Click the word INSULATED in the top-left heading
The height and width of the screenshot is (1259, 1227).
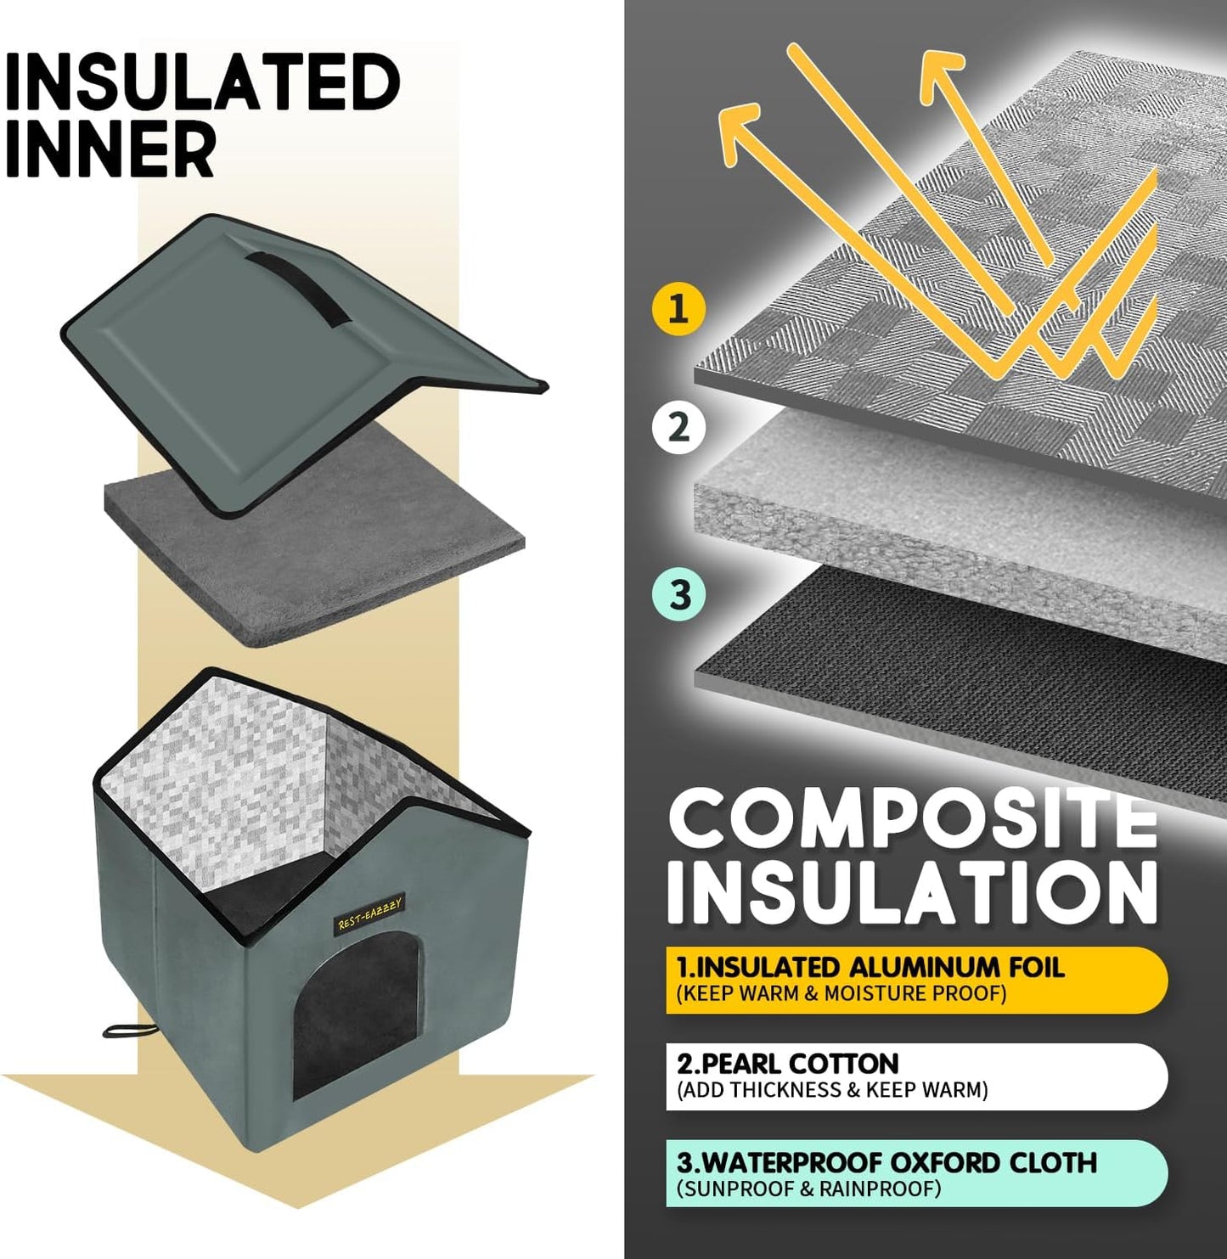(x=202, y=82)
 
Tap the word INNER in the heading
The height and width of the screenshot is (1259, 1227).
(x=110, y=149)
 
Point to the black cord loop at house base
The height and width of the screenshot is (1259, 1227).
(x=127, y=1031)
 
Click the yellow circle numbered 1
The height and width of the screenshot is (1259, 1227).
(x=678, y=308)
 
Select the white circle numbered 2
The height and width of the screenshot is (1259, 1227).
(x=678, y=427)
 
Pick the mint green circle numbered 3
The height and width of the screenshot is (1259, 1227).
(x=679, y=594)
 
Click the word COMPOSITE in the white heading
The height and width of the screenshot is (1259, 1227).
(x=913, y=819)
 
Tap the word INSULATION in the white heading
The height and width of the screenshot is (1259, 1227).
(x=913, y=893)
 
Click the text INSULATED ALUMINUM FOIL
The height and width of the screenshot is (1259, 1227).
(x=870, y=967)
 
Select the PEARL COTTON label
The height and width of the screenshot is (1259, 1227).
(x=788, y=1064)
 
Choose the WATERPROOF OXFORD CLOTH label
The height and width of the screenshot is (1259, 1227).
(x=887, y=1162)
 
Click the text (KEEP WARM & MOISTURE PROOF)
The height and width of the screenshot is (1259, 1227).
(x=841, y=993)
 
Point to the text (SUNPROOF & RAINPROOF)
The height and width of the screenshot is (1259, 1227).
(x=808, y=1189)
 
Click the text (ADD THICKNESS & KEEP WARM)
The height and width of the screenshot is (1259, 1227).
(x=832, y=1090)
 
